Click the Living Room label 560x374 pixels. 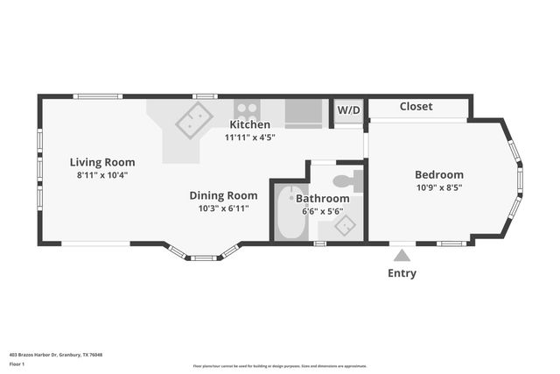(102, 162)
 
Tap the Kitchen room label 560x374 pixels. (250, 124)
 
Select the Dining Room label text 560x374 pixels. (224, 195)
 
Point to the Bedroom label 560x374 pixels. (439, 174)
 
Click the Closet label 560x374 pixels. (416, 107)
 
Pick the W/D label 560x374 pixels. (349, 111)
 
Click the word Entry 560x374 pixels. (402, 273)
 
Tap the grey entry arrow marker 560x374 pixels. (402, 255)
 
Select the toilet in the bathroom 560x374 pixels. (348, 181)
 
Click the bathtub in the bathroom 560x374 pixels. (290, 212)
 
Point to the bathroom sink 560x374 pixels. (346, 226)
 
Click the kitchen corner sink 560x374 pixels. (194, 121)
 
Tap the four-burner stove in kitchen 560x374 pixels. (247, 111)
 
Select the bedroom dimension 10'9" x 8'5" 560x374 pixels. (439, 187)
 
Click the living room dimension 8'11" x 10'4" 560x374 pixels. (102, 175)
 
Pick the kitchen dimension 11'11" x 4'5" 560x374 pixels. (250, 137)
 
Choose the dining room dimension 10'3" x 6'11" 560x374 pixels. (224, 208)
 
